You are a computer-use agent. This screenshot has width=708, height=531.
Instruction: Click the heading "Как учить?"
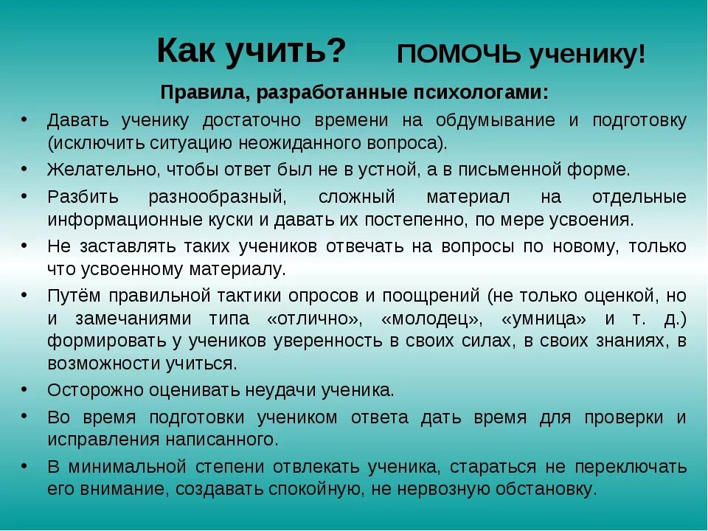[251, 51]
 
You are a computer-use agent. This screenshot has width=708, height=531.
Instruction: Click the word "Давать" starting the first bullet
[74, 120]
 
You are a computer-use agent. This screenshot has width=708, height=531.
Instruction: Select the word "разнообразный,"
[217, 197]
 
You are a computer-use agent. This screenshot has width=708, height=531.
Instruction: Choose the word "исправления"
[99, 440]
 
